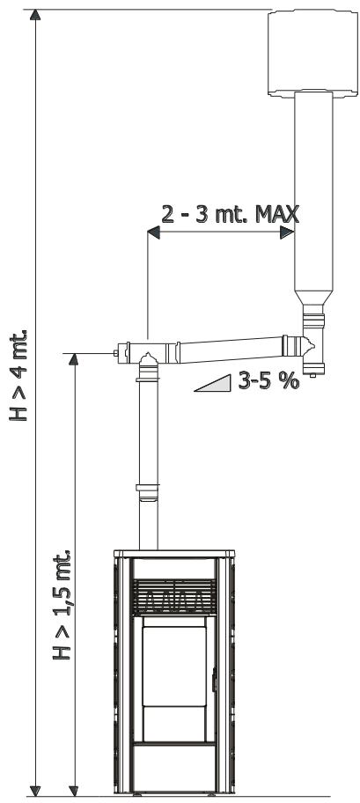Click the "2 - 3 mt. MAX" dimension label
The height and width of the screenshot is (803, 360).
pos(230,214)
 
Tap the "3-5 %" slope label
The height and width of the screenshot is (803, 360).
pos(268,380)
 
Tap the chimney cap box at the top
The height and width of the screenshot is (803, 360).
pos(312,53)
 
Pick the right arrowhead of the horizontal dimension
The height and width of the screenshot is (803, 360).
pos(287,232)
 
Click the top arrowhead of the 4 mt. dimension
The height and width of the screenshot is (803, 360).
pos(35,14)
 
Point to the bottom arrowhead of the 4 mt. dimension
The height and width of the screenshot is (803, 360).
pos(35,790)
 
